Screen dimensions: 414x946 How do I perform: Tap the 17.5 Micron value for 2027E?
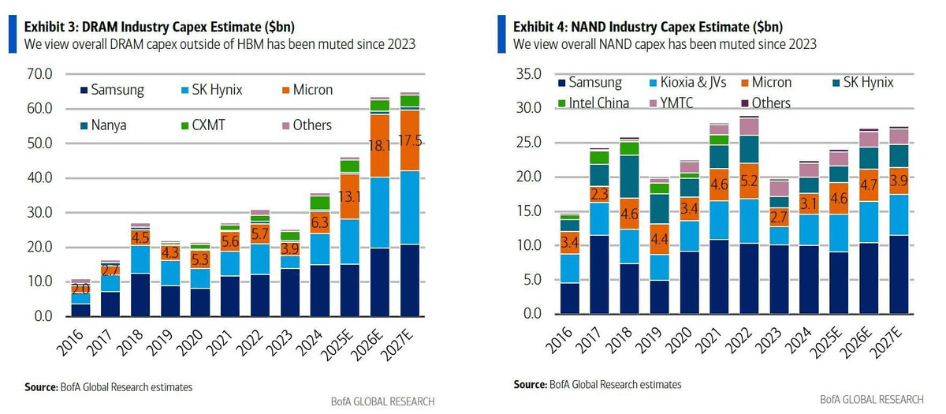pyautogui.click(x=410, y=142)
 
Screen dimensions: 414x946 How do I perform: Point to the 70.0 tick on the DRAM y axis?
pyautogui.click(x=38, y=75)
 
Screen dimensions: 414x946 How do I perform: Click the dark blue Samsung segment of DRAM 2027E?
pyautogui.click(x=410, y=280)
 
